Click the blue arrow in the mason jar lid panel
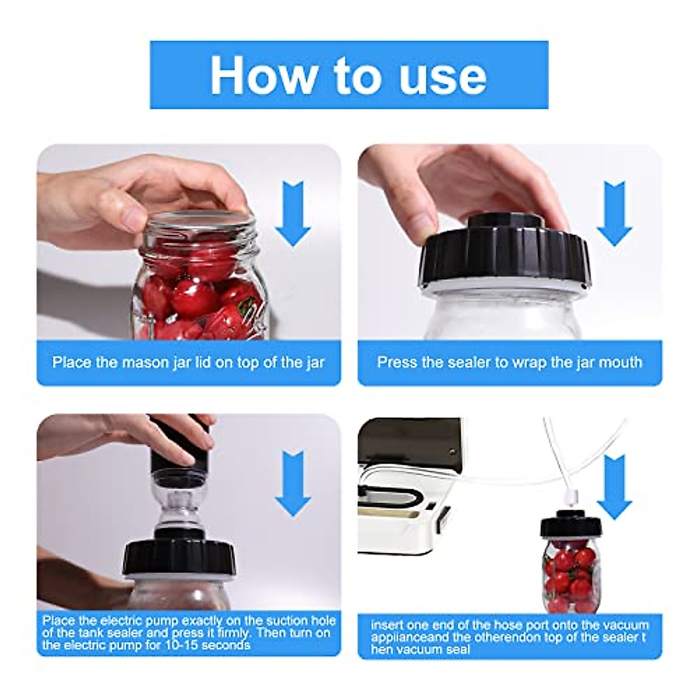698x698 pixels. tap(293, 213)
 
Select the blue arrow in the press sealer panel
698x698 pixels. tap(614, 213)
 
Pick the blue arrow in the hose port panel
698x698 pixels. tap(614, 486)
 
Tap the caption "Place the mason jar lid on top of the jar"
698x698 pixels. tap(188, 362)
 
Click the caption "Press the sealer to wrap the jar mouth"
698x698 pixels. tap(510, 362)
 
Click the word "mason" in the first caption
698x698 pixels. tap(144, 362)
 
